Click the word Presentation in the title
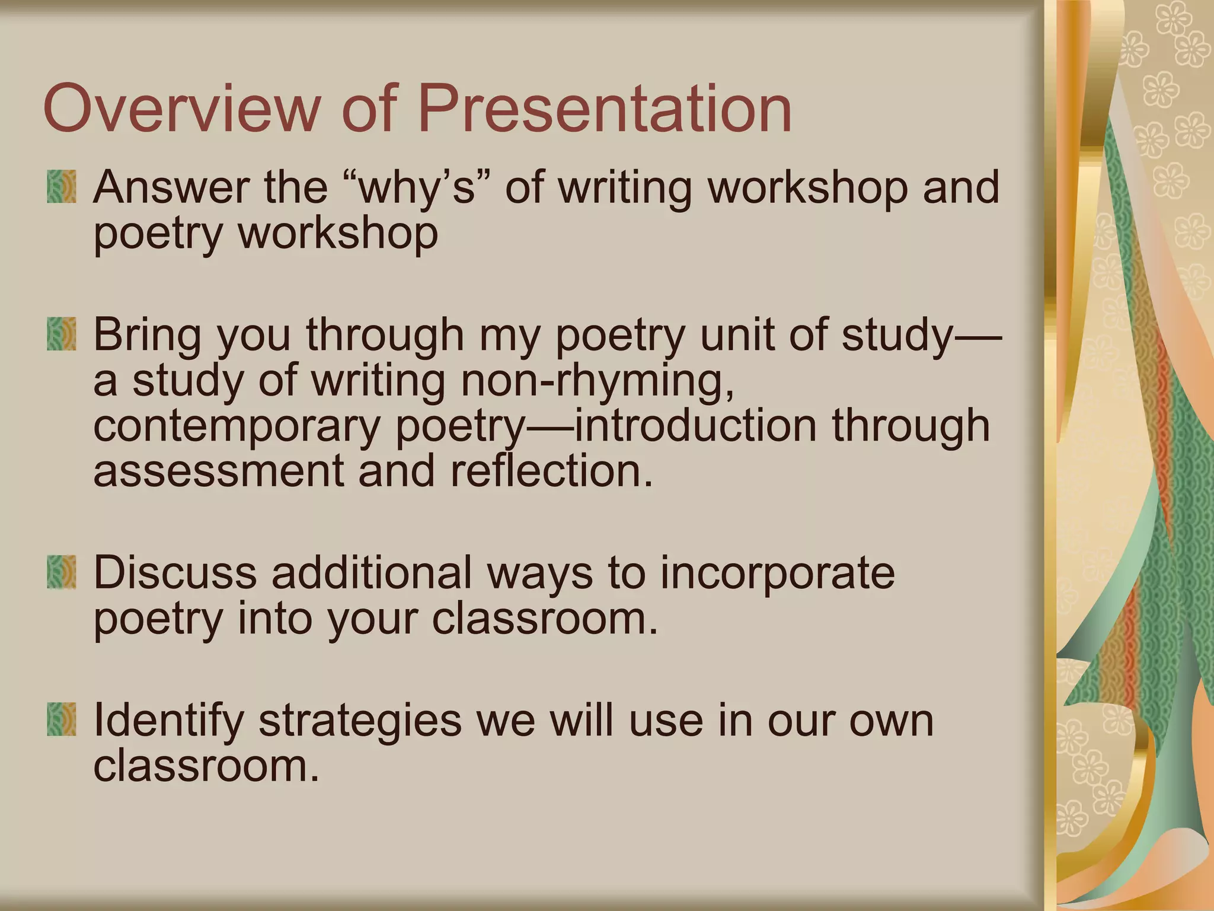coord(605,109)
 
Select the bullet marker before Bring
coord(62,335)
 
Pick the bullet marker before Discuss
coord(62,572)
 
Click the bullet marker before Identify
coord(62,719)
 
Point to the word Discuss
coord(175,572)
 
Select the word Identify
coord(168,721)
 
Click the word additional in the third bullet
coord(372,572)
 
